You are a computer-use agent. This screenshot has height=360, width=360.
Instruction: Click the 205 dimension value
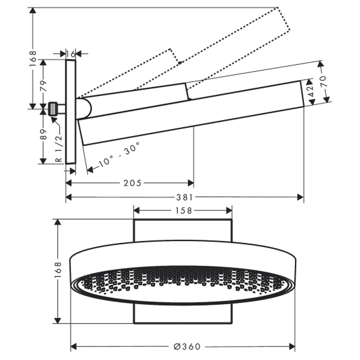[x=132, y=183]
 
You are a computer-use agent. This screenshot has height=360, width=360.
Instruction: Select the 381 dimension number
[x=185, y=197]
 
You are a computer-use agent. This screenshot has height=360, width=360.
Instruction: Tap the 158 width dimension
[x=184, y=211]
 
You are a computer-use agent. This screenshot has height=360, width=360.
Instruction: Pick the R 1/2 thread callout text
[x=59, y=148]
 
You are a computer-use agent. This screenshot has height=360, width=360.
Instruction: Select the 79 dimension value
[x=43, y=85]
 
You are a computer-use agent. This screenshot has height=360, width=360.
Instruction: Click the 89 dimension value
[x=43, y=134]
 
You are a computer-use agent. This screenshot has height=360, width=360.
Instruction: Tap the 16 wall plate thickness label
[x=71, y=54]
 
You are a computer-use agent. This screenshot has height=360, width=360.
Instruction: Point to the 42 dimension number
[x=310, y=91]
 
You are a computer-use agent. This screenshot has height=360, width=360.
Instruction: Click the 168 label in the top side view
[x=33, y=59]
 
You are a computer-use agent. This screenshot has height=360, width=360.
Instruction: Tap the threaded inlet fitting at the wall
[x=53, y=109]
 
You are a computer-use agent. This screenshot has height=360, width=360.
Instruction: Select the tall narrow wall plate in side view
[x=71, y=112]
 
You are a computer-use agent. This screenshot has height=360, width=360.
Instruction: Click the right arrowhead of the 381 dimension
[x=301, y=197]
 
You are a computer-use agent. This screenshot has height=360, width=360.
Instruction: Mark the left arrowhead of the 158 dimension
[x=136, y=211]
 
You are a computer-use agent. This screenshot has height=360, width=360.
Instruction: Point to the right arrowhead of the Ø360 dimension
[x=292, y=346]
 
